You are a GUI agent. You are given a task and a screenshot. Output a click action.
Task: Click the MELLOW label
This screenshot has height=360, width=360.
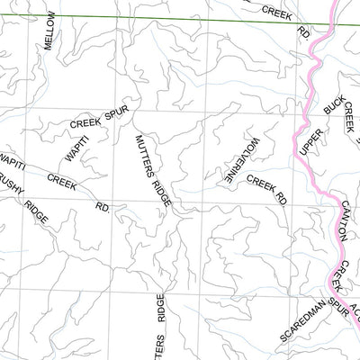pyautogui.click(x=50, y=31)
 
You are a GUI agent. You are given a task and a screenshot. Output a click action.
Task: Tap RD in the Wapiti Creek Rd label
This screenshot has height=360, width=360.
pyautogui.click(x=103, y=206)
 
